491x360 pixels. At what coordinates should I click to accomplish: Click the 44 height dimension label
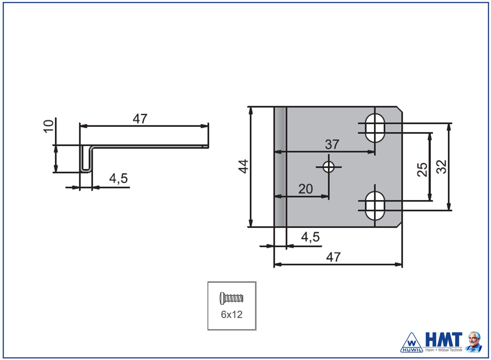pyautogui.click(x=244, y=167)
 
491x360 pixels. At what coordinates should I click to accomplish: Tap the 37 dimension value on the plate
pyautogui.click(x=332, y=145)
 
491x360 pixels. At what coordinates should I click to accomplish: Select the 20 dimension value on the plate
pyautogui.click(x=306, y=189)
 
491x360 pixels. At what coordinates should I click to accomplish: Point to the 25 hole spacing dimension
pyautogui.click(x=423, y=169)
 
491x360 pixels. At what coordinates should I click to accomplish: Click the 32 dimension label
pyautogui.click(x=442, y=167)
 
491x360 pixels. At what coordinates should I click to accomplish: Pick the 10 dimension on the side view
pyautogui.click(x=48, y=126)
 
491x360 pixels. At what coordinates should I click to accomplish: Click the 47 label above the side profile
pyautogui.click(x=140, y=119)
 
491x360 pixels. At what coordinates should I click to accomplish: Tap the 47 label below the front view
pyautogui.click(x=333, y=257)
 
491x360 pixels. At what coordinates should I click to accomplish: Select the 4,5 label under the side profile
pyautogui.click(x=119, y=179)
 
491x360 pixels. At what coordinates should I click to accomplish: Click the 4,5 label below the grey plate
pyautogui.click(x=310, y=237)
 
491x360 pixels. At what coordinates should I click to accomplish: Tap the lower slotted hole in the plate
pyautogui.click(x=375, y=205)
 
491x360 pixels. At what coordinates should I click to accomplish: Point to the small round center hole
pyautogui.click(x=328, y=167)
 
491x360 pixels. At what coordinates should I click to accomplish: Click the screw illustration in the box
pyautogui.click(x=232, y=298)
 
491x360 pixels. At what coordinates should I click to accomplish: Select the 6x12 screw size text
pyautogui.click(x=232, y=314)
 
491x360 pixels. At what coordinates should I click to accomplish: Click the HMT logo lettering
pyautogui.click(x=443, y=339)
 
